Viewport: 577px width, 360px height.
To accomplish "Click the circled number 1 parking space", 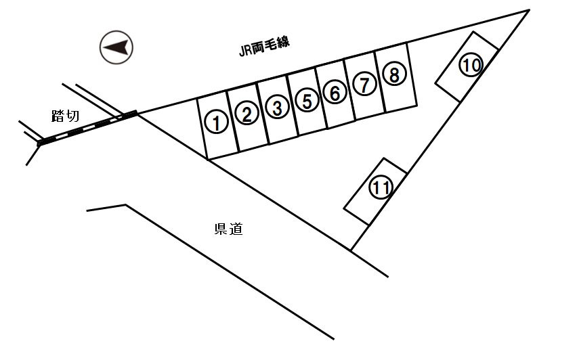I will pyautogui.click(x=215, y=122).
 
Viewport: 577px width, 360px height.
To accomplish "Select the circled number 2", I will pyautogui.click(x=247, y=114).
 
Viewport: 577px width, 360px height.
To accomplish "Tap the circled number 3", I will pyautogui.click(x=276, y=107).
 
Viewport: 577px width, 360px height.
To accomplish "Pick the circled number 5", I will pyautogui.click(x=307, y=101).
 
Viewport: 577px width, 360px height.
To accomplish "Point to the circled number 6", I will pyautogui.click(x=335, y=93).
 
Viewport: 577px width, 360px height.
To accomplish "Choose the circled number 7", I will pyautogui.click(x=364, y=85).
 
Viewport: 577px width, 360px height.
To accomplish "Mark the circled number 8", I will pyautogui.click(x=393, y=74).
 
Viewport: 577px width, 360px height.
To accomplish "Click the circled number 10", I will pyautogui.click(x=471, y=66).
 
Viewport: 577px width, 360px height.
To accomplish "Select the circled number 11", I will pyautogui.click(x=381, y=187).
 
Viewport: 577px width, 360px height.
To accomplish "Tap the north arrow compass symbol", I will pyautogui.click(x=116, y=47).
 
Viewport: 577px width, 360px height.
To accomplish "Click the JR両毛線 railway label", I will pyautogui.click(x=260, y=48).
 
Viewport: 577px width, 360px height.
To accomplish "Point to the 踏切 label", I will pyautogui.click(x=65, y=116).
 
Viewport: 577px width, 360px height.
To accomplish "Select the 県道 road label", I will pyautogui.click(x=228, y=229).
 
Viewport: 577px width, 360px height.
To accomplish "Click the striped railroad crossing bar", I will pyautogui.click(x=88, y=128).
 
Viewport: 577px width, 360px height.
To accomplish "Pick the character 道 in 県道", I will pyautogui.click(x=236, y=229).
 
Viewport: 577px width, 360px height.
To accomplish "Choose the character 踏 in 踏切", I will pyautogui.click(x=58, y=116).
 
